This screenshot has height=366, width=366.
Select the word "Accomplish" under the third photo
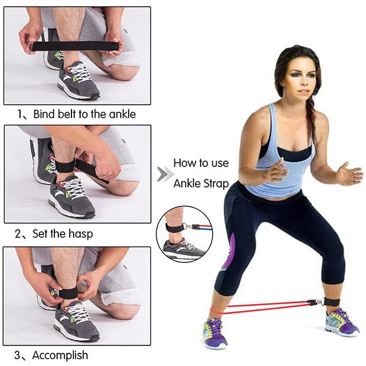pyautogui.click(x=60, y=356)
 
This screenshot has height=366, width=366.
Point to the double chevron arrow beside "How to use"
pyautogui.click(x=165, y=174)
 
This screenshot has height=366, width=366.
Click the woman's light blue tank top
pyautogui.click(x=280, y=163)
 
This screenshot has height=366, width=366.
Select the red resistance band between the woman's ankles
pyautogui.click(x=263, y=307)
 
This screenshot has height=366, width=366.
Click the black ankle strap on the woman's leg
pyautogui.click(x=331, y=302)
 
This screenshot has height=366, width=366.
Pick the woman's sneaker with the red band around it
pyautogui.click(x=215, y=332)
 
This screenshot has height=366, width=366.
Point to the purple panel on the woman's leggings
pyautogui.click(x=228, y=252)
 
